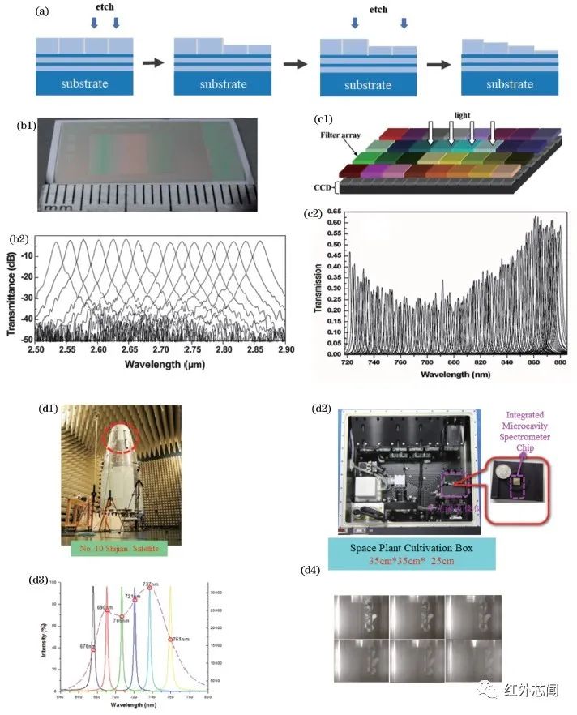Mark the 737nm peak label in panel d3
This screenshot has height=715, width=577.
151,584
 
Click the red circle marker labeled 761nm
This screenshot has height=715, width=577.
169,640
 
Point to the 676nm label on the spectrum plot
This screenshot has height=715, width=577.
85,646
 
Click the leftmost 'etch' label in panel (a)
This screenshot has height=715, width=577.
105,10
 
